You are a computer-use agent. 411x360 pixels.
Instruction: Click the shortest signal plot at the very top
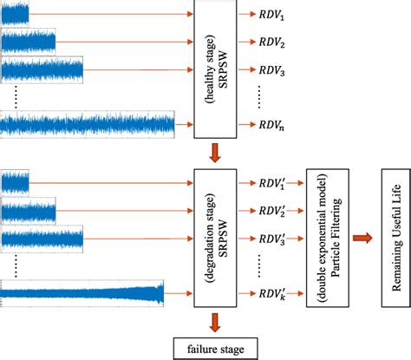click(x=15, y=13)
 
